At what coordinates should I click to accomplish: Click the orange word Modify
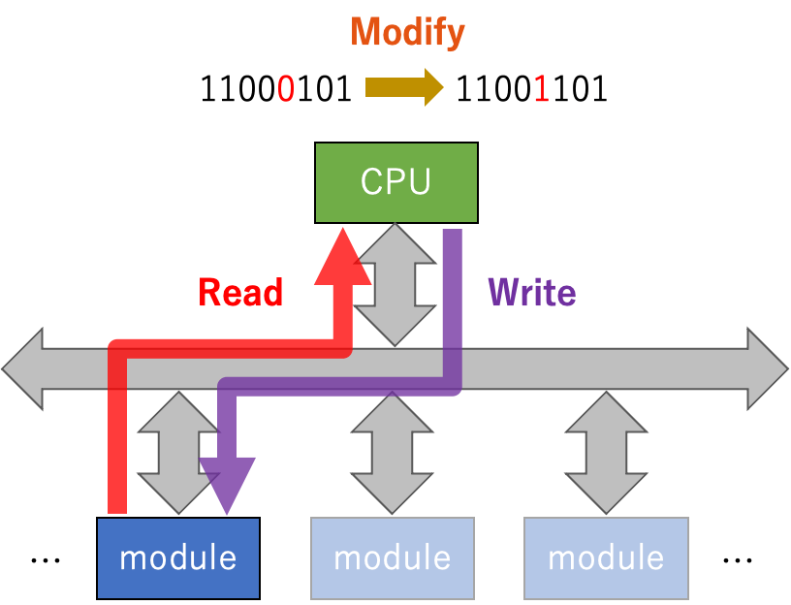click(407, 33)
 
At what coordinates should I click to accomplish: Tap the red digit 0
click(286, 90)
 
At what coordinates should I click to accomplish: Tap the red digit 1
click(541, 90)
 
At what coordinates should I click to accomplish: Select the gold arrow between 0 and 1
click(403, 89)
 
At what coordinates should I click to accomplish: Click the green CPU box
click(396, 182)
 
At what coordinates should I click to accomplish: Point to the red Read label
click(240, 292)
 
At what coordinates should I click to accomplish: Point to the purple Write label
click(531, 292)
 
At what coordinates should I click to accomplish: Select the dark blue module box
click(178, 557)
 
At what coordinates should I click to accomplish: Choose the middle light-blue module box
click(393, 557)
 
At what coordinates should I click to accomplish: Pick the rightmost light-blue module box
click(606, 557)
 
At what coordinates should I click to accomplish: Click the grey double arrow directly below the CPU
click(395, 284)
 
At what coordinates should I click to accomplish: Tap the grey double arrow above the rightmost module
click(606, 453)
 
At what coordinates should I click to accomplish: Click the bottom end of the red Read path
click(117, 504)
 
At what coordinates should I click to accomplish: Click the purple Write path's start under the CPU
click(452, 238)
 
